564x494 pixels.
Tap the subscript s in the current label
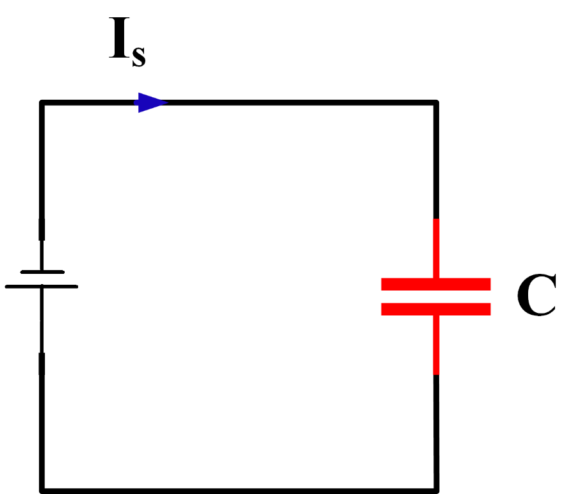139,56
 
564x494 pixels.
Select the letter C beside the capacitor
536,296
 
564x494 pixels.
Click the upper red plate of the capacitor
436,285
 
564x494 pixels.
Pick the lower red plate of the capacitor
436,309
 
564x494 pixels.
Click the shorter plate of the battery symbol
42,272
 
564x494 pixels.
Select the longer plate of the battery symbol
42,286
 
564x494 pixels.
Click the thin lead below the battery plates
42,320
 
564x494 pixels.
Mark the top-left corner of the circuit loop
42,102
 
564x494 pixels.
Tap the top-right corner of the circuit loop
436,102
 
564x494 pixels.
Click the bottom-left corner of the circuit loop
42,490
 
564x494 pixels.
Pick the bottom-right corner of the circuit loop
436,490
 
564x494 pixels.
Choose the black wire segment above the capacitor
437,160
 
